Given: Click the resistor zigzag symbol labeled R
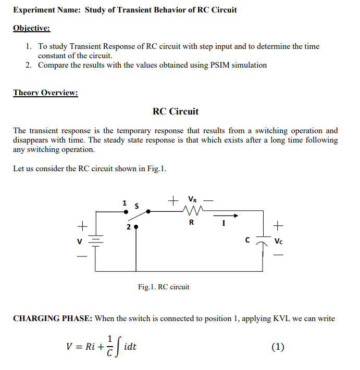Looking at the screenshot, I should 192,211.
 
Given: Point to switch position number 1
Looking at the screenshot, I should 123,202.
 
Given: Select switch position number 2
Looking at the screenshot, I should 128,227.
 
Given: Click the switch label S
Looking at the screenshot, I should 137,206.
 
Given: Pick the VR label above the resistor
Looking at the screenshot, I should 192,199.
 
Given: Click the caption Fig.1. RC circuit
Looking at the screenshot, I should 164,287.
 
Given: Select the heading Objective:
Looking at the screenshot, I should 31,28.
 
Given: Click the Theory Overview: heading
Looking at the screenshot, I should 45,93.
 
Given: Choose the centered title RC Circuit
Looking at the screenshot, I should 176,111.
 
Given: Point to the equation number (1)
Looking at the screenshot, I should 278,347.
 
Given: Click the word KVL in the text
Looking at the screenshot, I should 283,318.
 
